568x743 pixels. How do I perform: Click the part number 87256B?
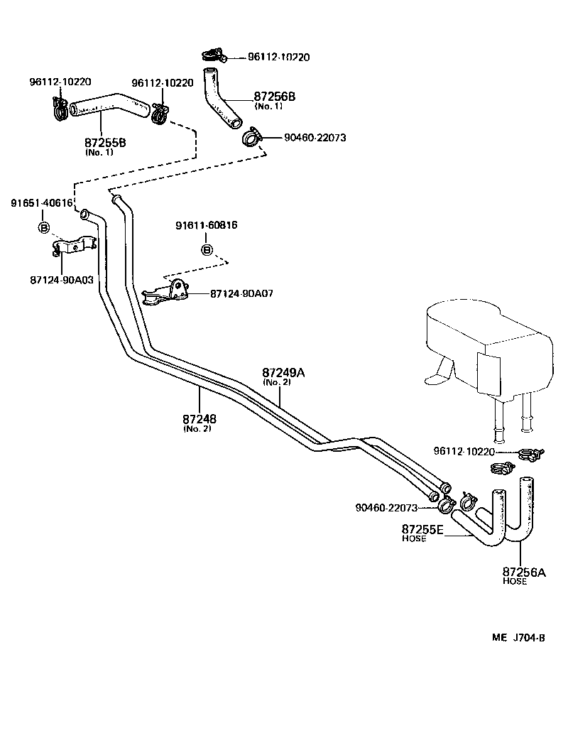click(274, 97)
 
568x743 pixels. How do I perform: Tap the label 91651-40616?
click(41, 203)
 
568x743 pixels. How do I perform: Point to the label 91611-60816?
click(206, 225)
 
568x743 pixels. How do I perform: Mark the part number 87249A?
click(283, 373)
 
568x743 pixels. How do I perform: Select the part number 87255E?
click(422, 529)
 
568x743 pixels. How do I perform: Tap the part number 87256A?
click(524, 572)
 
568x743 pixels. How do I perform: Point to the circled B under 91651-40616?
click(43, 227)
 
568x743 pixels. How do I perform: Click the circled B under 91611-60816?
click(207, 249)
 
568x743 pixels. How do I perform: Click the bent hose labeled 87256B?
click(222, 99)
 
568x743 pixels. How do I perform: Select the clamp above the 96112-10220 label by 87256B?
click(211, 53)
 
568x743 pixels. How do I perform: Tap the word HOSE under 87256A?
click(515, 581)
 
